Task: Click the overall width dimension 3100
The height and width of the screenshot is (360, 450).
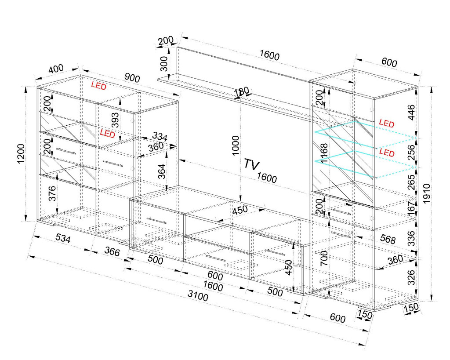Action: [x=198, y=295]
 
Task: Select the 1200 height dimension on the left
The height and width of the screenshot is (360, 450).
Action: [x=22, y=154]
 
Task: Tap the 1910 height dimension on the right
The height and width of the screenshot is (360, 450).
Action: [x=427, y=194]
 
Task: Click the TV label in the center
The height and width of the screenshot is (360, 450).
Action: [x=252, y=164]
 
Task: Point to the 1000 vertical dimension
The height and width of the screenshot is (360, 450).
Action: [x=236, y=145]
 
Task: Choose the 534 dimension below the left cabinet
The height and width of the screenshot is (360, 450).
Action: [x=63, y=238]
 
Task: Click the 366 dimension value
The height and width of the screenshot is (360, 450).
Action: [x=112, y=251]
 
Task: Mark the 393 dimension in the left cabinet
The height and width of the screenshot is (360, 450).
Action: [x=115, y=120]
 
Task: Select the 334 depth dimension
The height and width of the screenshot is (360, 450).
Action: [x=160, y=136]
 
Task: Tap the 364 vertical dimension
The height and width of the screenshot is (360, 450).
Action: [x=162, y=171]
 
